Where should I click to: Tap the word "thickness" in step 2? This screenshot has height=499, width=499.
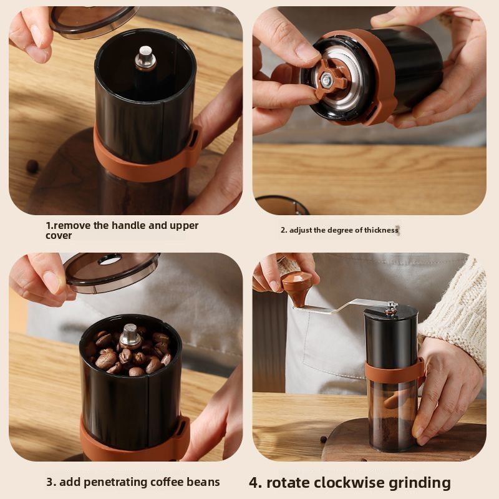coord(377,230)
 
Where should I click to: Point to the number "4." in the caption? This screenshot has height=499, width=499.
coord(256,482)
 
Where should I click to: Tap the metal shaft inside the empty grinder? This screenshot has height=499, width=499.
coord(145,57)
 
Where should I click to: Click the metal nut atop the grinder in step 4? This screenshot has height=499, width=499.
coord(391,306)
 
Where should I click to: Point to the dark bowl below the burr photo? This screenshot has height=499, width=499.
coord(282,205)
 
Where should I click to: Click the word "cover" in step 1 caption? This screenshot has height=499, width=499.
coord(59,236)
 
